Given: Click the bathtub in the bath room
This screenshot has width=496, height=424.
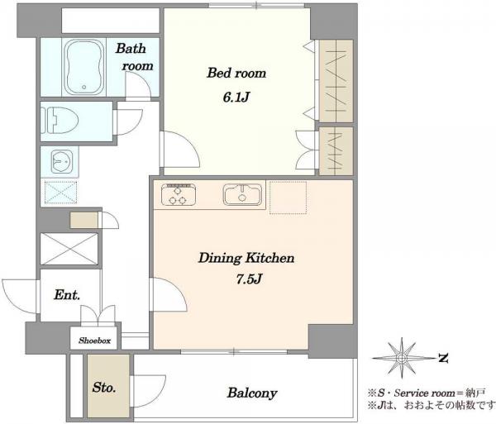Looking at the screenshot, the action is pyautogui.click(x=83, y=67).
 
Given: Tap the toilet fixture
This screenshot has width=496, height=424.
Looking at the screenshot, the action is pyautogui.click(x=60, y=121).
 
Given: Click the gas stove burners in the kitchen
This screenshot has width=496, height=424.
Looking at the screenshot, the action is pyautogui.click(x=179, y=194).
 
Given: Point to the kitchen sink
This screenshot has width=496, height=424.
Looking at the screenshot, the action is pyautogui.click(x=242, y=194).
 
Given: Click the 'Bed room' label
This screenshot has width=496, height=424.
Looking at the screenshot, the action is pyautogui.click(x=236, y=73).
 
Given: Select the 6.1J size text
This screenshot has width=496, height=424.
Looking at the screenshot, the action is pyautogui.click(x=236, y=98).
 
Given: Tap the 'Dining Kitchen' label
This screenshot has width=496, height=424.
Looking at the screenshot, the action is pyautogui.click(x=246, y=258).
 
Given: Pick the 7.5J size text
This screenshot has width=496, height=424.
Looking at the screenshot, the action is pyautogui.click(x=250, y=279).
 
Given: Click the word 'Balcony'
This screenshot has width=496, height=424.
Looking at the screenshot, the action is pyautogui.click(x=252, y=393).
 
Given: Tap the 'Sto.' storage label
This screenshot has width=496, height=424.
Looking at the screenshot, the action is pyautogui.click(x=104, y=388).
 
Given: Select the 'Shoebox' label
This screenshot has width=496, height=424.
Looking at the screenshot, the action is pyautogui.click(x=94, y=341).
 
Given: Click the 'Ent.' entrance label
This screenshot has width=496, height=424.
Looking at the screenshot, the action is pyautogui.click(x=67, y=295).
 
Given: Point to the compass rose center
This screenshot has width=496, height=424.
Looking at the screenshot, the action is pyautogui.click(x=402, y=358).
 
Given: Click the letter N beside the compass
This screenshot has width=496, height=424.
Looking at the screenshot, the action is pyautogui.click(x=443, y=358).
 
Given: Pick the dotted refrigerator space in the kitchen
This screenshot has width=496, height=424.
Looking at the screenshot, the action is pyautogui.click(x=288, y=198).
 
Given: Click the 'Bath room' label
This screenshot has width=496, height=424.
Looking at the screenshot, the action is pyautogui.click(x=134, y=57).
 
